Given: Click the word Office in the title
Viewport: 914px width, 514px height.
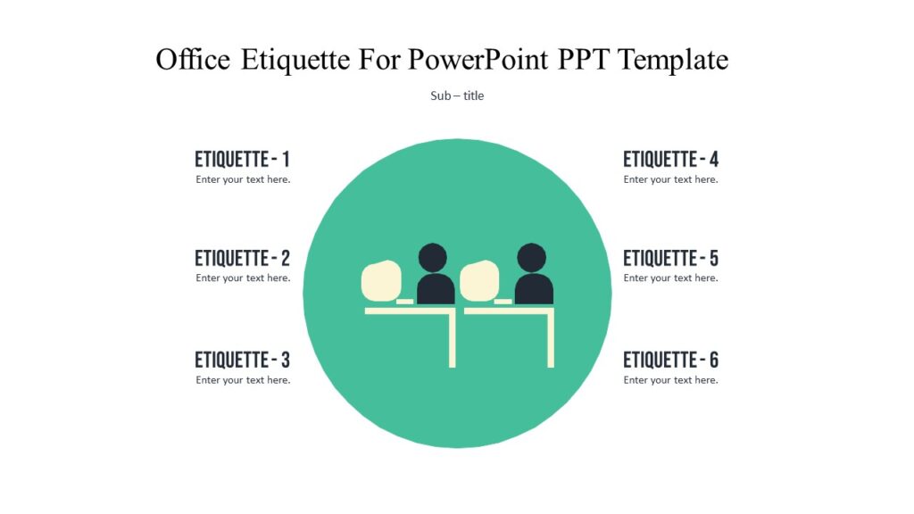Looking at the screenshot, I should click(x=193, y=60).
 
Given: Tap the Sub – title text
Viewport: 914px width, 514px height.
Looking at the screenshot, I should click(x=457, y=95).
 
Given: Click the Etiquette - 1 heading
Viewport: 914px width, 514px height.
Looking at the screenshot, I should click(x=242, y=160).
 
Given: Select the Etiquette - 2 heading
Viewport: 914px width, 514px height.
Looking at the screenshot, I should click(x=242, y=259).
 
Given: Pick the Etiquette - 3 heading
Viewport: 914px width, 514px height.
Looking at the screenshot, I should click(x=242, y=361).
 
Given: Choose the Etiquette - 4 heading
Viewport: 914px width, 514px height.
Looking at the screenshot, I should click(x=670, y=160).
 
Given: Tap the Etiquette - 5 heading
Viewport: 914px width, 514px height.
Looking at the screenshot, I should click(x=670, y=259).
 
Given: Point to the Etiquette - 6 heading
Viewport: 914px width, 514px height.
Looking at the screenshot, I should click(x=670, y=361).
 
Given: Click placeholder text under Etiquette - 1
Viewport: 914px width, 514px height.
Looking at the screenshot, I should click(x=243, y=179).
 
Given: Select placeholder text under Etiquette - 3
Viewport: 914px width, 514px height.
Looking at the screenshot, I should click(x=243, y=380).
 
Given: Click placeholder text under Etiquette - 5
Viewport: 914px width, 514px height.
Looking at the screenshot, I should click(x=670, y=278).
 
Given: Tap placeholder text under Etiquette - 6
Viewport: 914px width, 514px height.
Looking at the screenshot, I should click(x=670, y=380).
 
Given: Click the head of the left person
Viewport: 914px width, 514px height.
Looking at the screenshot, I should click(x=433, y=257).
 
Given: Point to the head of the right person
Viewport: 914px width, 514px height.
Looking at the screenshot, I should click(x=531, y=257).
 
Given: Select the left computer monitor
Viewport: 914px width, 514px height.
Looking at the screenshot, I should click(x=380, y=280).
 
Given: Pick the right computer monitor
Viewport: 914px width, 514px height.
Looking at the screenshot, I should click(x=478, y=280).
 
